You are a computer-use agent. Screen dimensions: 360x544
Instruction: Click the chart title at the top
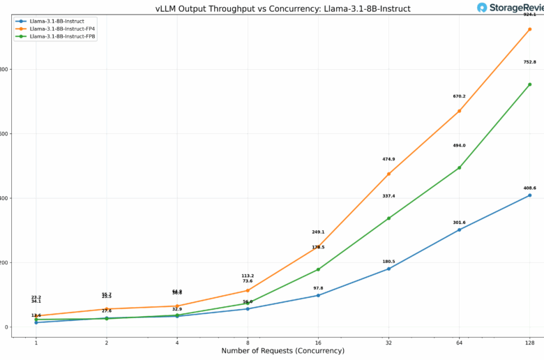point(282,8)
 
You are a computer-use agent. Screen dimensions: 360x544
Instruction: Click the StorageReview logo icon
point(483,8)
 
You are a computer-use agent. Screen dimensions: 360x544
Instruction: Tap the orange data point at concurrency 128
point(530,29)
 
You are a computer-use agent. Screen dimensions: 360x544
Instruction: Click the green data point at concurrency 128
point(530,84)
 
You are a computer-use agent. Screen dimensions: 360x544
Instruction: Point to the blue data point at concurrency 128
point(530,195)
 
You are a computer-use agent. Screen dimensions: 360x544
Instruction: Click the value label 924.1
point(530,15)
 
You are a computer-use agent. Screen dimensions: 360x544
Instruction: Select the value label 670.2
point(459,96)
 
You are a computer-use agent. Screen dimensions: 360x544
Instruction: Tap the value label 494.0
point(459,146)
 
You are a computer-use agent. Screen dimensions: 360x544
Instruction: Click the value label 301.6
point(459,223)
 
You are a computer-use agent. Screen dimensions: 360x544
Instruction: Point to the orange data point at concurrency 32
point(388,174)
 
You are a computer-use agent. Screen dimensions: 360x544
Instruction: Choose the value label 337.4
point(388,196)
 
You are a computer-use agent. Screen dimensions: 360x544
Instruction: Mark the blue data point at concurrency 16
point(318,295)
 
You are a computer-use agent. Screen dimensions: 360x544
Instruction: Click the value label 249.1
point(318,232)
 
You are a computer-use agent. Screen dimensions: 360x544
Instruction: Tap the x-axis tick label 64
point(459,342)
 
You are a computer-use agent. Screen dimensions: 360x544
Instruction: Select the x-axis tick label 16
point(318,342)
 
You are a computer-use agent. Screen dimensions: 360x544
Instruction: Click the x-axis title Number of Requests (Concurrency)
point(282,351)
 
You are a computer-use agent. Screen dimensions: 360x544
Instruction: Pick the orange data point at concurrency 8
point(248,290)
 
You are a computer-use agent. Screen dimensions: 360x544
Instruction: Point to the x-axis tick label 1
point(36,342)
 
